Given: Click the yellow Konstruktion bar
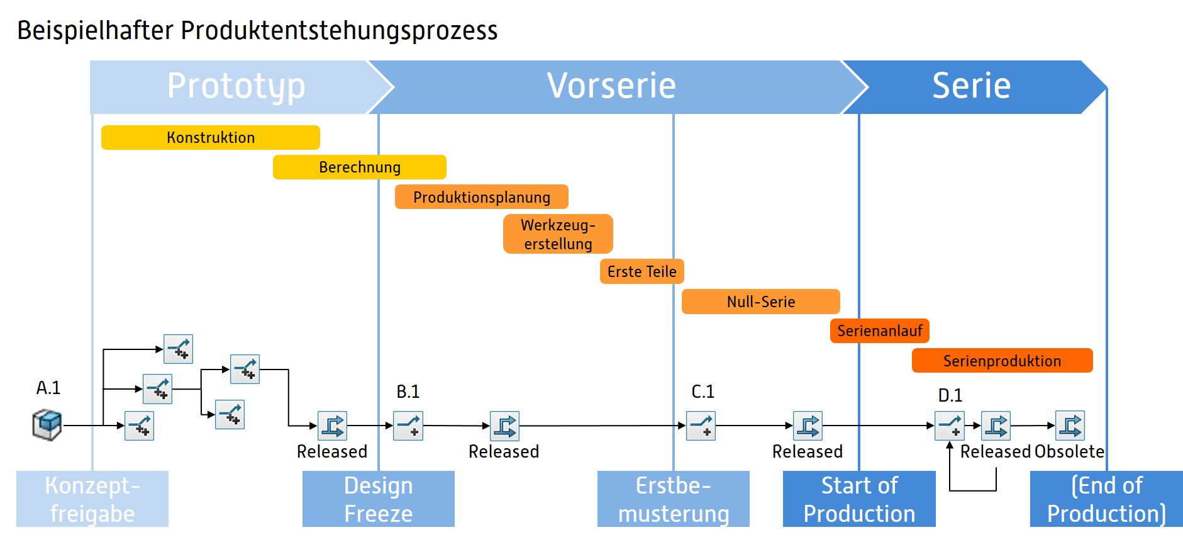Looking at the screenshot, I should coord(210,137).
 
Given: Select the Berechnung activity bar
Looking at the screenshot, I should coord(359,167).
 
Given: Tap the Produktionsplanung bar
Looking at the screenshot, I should coord(481,197).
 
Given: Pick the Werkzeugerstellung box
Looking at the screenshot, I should coord(558,234).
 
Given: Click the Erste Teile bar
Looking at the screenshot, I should coord(641,271).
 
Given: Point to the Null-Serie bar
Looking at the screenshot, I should coord(760,302).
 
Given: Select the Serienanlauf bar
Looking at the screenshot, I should coord(879,330).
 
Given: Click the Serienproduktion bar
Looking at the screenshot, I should coord(1002,361).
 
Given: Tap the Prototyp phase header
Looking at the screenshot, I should coord(236,86).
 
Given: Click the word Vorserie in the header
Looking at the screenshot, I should coord(611,86).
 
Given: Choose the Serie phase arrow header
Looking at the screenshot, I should coord(971,86).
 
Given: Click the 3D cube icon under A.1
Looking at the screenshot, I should coord(47,425).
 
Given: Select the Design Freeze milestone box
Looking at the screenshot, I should coord(378,499).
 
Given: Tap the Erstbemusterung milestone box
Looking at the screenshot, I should coord(673,499).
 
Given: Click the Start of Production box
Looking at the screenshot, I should coord(859,499).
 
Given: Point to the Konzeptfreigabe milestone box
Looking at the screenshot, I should coord(92,499).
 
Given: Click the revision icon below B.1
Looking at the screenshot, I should coord(408,426).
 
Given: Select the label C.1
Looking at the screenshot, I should coord(703,392).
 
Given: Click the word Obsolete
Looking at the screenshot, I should coord(1069,451).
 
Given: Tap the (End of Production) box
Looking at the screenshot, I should coord(1106,499).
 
